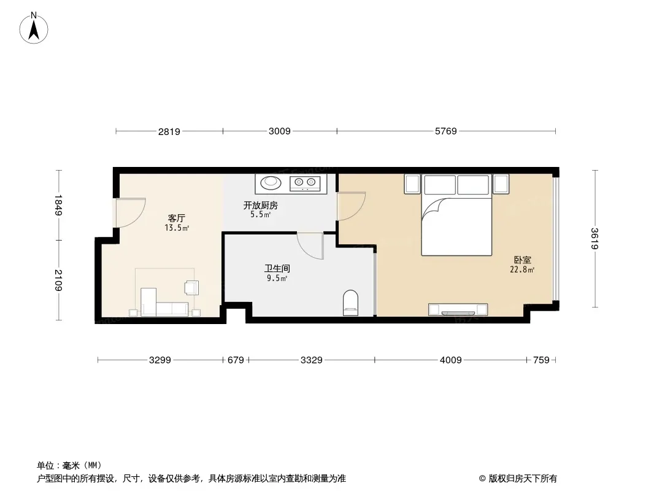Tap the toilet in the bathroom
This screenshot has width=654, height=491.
(x=350, y=303)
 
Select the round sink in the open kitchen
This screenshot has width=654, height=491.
(x=271, y=183)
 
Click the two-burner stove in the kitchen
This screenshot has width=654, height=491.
(x=305, y=183)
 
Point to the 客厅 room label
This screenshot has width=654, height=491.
(x=177, y=218)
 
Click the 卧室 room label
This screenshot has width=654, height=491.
(x=522, y=260)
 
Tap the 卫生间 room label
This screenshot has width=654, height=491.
(x=277, y=269)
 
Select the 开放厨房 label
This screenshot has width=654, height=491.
(x=261, y=205)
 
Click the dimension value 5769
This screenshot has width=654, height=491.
(x=446, y=131)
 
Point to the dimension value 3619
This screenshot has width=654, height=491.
(x=594, y=239)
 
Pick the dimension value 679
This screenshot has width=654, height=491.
(x=236, y=360)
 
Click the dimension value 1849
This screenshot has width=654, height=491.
(x=58, y=205)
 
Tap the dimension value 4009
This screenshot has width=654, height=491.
(x=451, y=360)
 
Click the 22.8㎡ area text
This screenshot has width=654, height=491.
(x=522, y=269)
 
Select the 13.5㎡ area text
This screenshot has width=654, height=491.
(x=177, y=228)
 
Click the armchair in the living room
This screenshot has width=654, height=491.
(x=192, y=288)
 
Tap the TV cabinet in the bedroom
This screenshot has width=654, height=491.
(x=458, y=309)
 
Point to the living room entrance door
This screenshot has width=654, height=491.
(x=130, y=213)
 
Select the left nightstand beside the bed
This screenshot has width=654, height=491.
(x=412, y=184)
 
